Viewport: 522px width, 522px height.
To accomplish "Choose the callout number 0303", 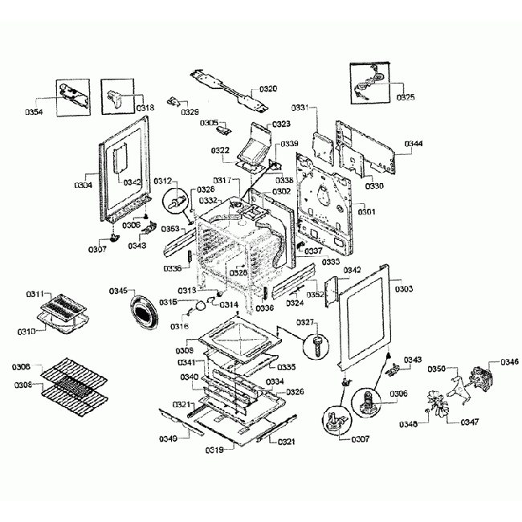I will [404, 288].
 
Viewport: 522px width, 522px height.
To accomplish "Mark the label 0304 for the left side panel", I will [84, 185].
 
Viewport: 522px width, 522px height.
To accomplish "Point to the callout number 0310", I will [27, 331].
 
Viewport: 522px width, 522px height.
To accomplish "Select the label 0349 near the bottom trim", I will [168, 438].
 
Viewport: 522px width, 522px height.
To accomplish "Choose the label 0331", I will [300, 107].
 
